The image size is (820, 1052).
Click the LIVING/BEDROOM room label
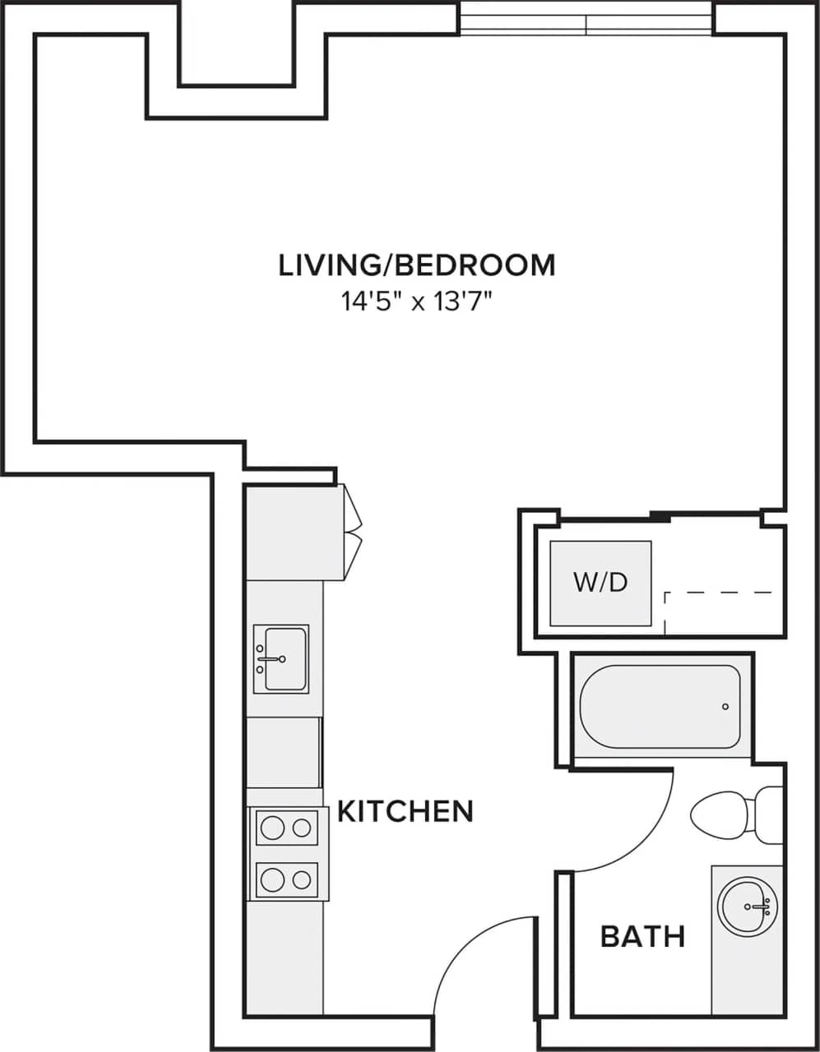[417, 265]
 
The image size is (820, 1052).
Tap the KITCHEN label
[405, 811]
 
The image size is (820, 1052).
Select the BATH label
[642, 936]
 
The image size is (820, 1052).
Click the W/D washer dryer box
[600, 583]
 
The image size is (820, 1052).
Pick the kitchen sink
[280, 658]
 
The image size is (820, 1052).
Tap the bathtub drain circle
[725, 707]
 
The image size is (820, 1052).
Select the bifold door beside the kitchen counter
[354, 530]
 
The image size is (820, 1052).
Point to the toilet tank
[770, 814]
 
